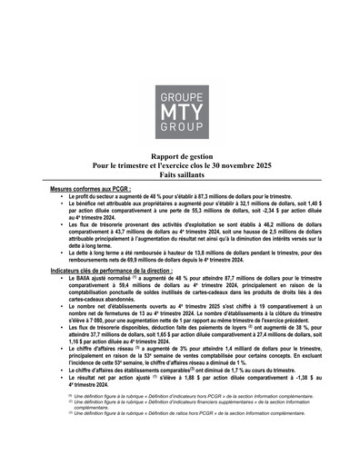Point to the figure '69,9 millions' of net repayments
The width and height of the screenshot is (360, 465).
click(x=149, y=262)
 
